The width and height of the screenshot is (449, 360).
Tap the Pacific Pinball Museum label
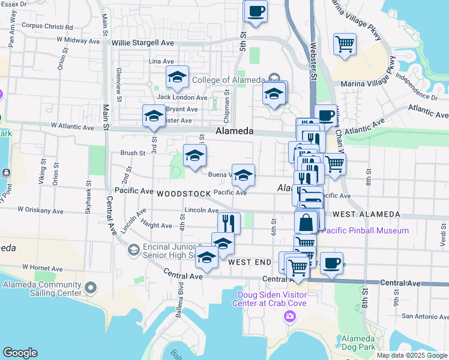[365, 230]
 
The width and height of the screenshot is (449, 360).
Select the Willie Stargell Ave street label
[143, 43]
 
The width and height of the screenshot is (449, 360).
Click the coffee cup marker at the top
[256, 11]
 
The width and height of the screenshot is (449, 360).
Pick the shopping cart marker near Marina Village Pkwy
[345, 44]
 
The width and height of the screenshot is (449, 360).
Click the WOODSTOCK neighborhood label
[184, 194]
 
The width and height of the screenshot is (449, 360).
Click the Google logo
[20, 353]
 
